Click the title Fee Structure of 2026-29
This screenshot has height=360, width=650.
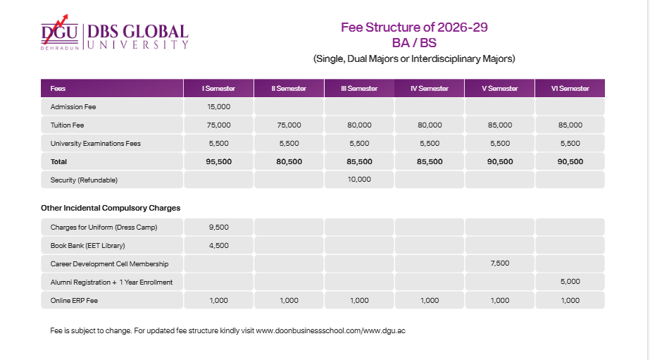pyautogui.click(x=414, y=27)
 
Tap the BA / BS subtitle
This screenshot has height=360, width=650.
pyautogui.click(x=414, y=42)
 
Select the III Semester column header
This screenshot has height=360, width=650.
pyautogui.click(x=359, y=89)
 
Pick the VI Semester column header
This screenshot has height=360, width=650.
pyautogui.click(x=570, y=89)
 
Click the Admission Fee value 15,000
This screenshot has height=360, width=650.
pyautogui.click(x=218, y=107)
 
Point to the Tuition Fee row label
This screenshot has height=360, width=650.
pyautogui.click(x=68, y=125)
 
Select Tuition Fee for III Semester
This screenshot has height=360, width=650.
pyautogui.click(x=359, y=125)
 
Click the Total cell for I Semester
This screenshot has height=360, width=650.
pyautogui.click(x=218, y=161)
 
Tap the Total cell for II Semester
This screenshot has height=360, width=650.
pyautogui.click(x=289, y=161)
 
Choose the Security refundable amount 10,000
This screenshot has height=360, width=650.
pyautogui.click(x=359, y=180)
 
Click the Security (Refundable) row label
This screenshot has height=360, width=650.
pyautogui.click(x=84, y=180)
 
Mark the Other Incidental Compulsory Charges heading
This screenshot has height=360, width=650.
pyautogui.click(x=111, y=209)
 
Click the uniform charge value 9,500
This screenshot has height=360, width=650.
pyautogui.click(x=218, y=228)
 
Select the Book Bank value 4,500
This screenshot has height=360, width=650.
pyautogui.click(x=218, y=246)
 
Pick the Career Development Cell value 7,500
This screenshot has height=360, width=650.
pyautogui.click(x=499, y=263)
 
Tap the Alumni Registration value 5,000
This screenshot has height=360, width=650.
pyautogui.click(x=570, y=282)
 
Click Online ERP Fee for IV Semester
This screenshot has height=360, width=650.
pyautogui.click(x=430, y=300)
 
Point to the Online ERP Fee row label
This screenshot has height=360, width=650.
pyautogui.click(x=74, y=300)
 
